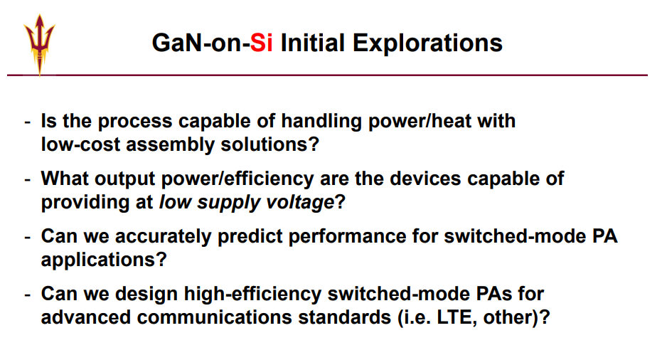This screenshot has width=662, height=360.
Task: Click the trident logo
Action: (x=39, y=45)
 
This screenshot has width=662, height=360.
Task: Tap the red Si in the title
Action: (x=262, y=43)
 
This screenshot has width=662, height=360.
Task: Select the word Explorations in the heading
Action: (x=427, y=43)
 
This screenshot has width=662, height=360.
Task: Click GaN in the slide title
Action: (x=177, y=43)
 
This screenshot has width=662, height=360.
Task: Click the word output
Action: (x=125, y=179)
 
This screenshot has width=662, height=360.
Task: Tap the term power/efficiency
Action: (x=237, y=179)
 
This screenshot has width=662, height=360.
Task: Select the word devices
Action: (x=425, y=179)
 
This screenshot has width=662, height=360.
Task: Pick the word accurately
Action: (x=163, y=237)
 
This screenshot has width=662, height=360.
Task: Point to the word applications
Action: (x=104, y=260)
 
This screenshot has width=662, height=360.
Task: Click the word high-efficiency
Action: (x=252, y=294)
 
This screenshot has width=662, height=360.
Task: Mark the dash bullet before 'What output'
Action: (x=28, y=180)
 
